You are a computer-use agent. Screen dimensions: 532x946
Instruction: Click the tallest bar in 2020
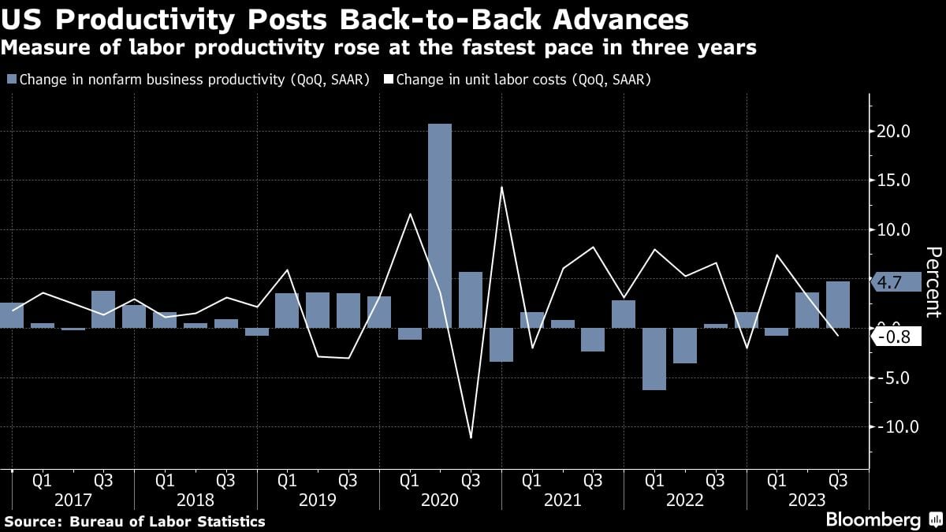[x=440, y=225]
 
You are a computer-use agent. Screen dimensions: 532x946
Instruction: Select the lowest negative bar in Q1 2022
[x=654, y=359]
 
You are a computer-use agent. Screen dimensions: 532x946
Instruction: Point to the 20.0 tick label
[x=893, y=132]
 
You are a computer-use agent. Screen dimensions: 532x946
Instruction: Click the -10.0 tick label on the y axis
[x=891, y=427]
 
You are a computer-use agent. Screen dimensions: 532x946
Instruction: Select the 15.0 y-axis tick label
[x=893, y=180]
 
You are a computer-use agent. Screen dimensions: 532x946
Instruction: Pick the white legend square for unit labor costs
[x=388, y=80]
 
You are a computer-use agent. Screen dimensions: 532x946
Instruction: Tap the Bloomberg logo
[x=873, y=520]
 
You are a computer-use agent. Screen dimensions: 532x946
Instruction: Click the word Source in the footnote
[x=30, y=522]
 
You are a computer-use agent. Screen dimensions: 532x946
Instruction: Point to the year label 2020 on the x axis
[x=440, y=500]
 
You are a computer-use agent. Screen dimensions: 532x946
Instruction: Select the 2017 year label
[x=73, y=500]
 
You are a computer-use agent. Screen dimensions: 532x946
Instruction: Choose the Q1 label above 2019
[x=287, y=479]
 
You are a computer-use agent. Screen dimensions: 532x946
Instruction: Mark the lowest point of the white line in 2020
[x=471, y=437]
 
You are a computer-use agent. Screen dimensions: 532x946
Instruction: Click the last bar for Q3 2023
[x=837, y=304]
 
